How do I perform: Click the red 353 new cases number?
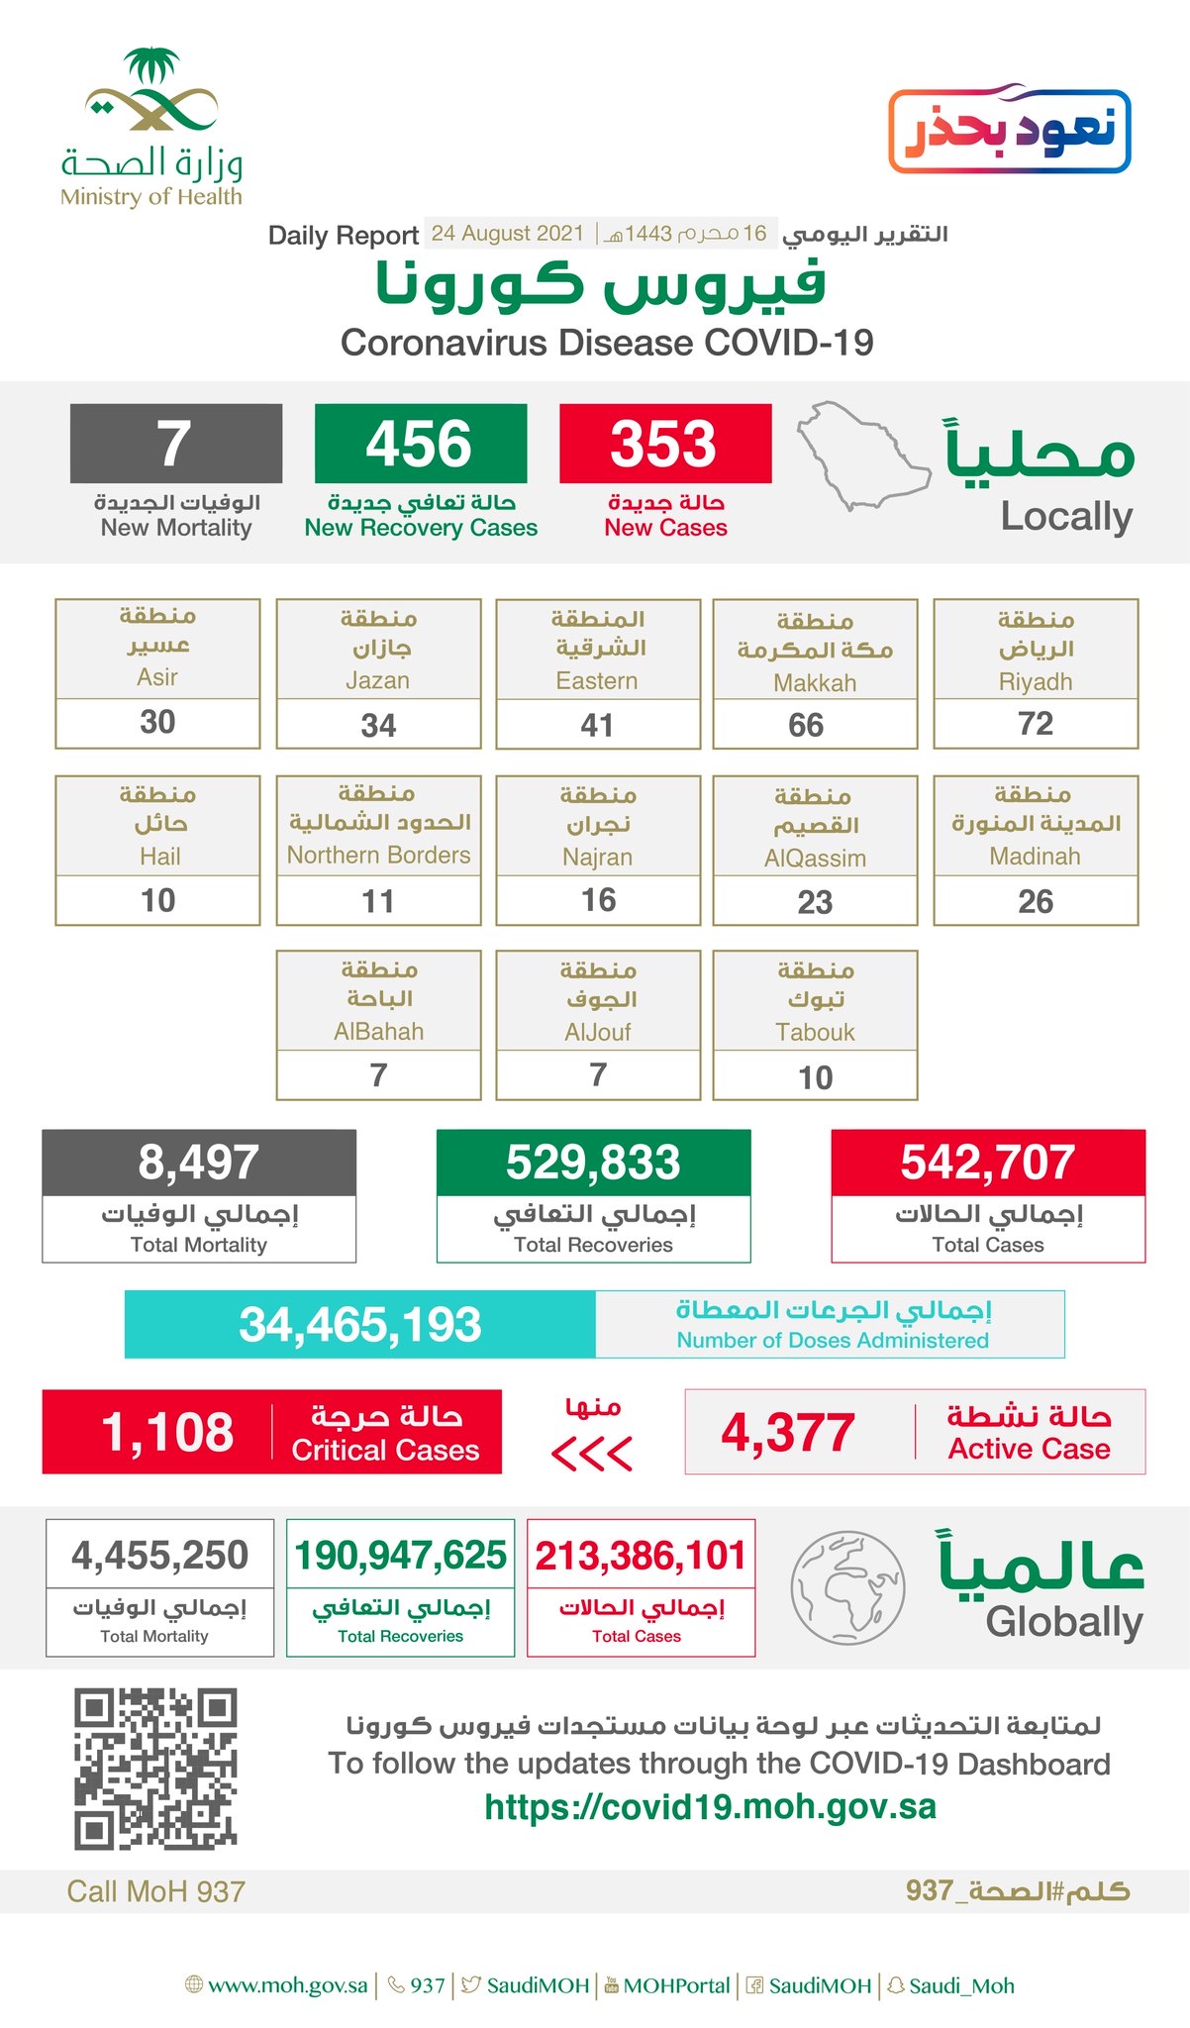(x=663, y=444)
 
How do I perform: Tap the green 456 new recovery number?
(x=420, y=444)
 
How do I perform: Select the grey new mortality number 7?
(x=175, y=444)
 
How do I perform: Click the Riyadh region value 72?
(x=1036, y=724)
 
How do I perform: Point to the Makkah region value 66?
(x=806, y=725)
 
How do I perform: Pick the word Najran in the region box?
(x=597, y=857)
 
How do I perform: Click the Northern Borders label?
(x=378, y=855)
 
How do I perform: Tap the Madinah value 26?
(x=1036, y=901)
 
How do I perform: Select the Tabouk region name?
(x=815, y=1032)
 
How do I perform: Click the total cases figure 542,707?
(x=987, y=1163)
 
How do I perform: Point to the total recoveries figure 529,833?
(x=593, y=1163)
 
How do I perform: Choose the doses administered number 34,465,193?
(x=360, y=1325)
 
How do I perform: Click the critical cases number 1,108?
(x=168, y=1432)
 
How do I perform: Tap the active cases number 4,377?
(x=788, y=1433)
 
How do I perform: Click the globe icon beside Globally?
(x=847, y=1587)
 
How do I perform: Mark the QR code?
(x=155, y=1770)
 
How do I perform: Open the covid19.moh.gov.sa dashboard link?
(x=710, y=1807)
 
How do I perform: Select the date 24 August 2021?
(x=508, y=234)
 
